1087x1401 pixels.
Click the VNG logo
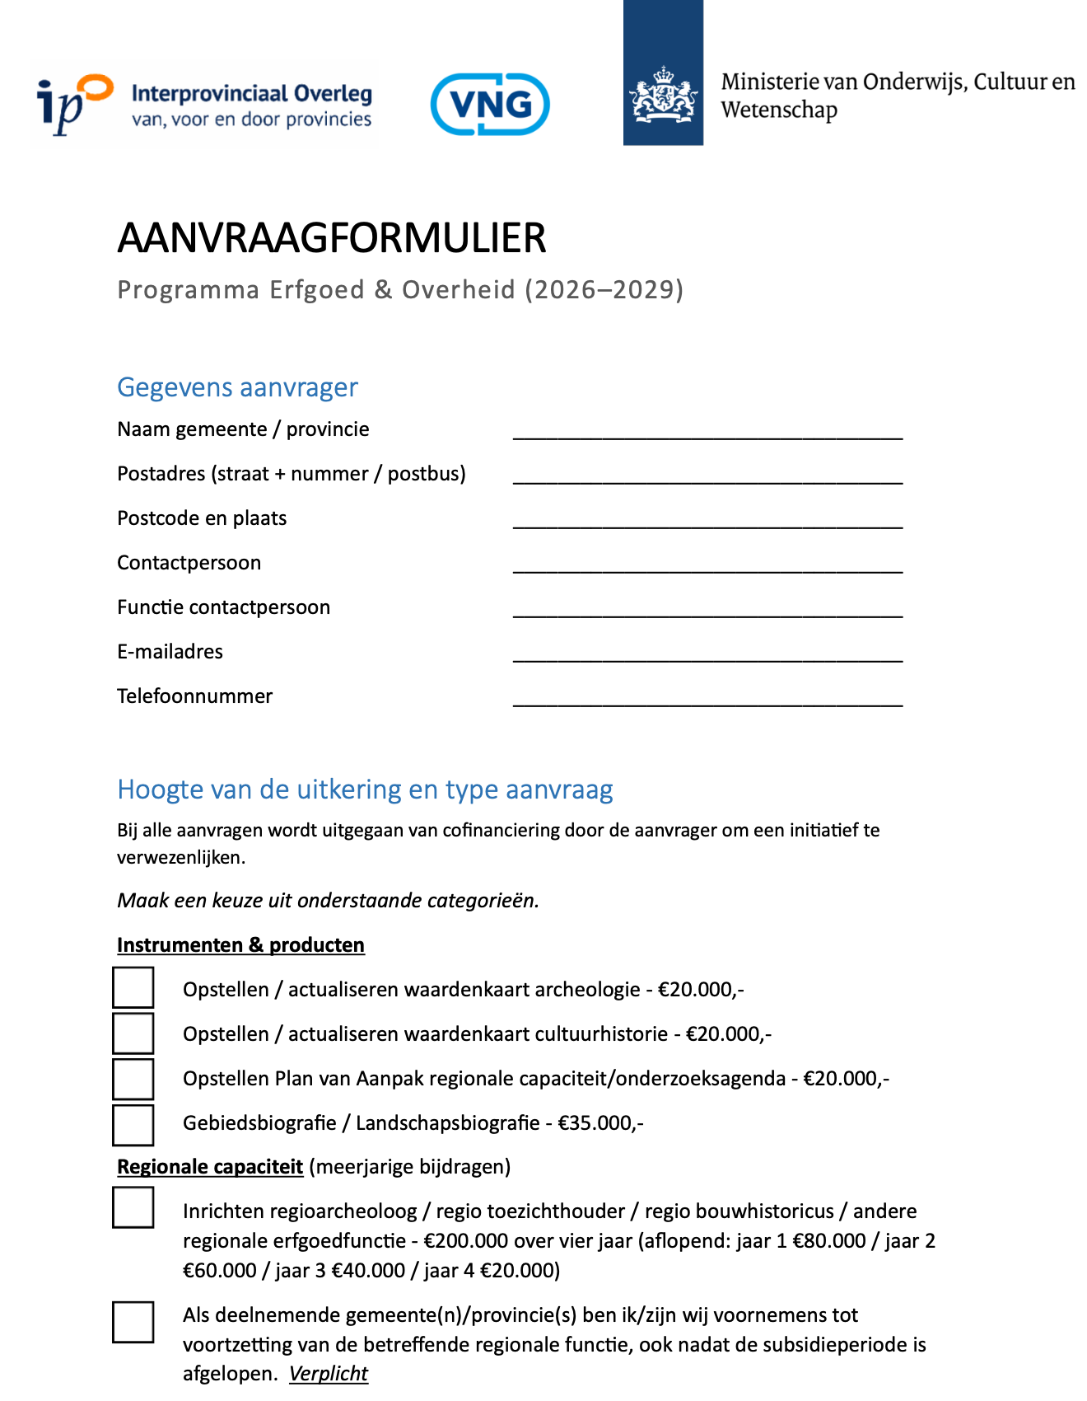pyautogui.click(x=490, y=105)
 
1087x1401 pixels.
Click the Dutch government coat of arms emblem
pyautogui.click(x=663, y=96)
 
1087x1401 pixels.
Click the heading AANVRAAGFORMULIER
pyautogui.click(x=332, y=238)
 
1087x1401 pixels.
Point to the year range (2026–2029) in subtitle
pyautogui.click(x=604, y=290)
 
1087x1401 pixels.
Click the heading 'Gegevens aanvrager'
pyautogui.click(x=237, y=387)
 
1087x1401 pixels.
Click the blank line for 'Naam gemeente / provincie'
pyautogui.click(x=707, y=433)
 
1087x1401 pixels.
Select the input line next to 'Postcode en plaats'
pyautogui.click(x=707, y=522)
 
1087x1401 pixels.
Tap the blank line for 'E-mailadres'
pyautogui.click(x=707, y=656)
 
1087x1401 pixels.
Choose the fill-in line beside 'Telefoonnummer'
pyautogui.click(x=707, y=700)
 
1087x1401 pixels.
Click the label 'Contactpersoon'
pyautogui.click(x=189, y=563)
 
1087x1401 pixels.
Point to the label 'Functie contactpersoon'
pyautogui.click(x=223, y=607)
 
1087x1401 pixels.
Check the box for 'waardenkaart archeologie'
pyautogui.click(x=133, y=987)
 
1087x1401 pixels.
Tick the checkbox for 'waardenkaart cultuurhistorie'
pyautogui.click(x=133, y=1033)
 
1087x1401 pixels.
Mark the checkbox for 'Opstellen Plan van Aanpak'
pyautogui.click(x=133, y=1079)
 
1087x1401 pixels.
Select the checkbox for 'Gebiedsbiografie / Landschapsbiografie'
pyautogui.click(x=133, y=1125)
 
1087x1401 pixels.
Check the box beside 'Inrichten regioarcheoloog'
pyautogui.click(x=133, y=1207)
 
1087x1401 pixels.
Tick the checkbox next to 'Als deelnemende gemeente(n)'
pyautogui.click(x=133, y=1322)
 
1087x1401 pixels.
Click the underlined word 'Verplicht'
pyautogui.click(x=328, y=1374)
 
